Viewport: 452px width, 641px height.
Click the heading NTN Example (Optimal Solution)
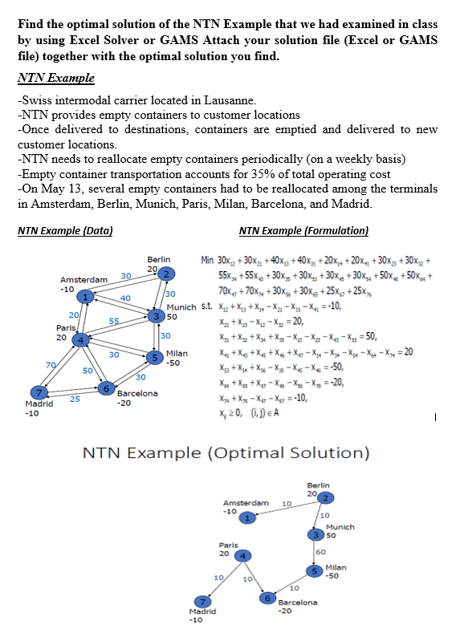point(226,453)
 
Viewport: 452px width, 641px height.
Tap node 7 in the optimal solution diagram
point(205,602)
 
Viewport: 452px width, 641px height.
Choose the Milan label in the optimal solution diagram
point(336,567)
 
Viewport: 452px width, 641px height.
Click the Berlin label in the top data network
point(159,259)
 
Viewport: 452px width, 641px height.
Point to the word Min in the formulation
point(208,260)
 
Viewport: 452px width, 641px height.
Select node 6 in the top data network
point(105,388)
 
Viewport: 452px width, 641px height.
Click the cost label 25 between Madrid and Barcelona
point(74,399)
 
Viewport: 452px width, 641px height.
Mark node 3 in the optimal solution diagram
point(318,535)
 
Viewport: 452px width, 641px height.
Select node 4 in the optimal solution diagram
point(243,555)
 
